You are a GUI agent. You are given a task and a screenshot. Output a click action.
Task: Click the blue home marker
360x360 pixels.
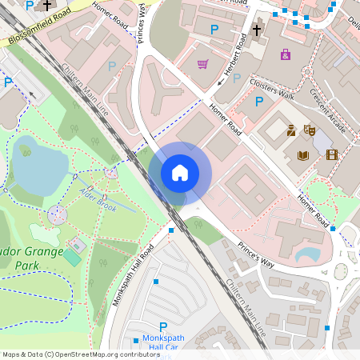click(x=180, y=172)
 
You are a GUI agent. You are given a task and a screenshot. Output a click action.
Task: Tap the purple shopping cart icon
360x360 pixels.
click(x=203, y=64)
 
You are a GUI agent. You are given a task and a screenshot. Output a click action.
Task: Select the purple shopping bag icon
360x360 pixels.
click(x=286, y=54)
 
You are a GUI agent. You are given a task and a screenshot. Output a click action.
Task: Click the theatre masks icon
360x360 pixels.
click(x=309, y=130)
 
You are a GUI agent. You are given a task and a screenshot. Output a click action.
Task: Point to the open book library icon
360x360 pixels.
click(x=302, y=155)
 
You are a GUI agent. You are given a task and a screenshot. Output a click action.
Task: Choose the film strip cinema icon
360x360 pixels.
click(x=332, y=154)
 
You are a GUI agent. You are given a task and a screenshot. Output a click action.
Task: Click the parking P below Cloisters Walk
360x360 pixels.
click(x=258, y=102)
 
